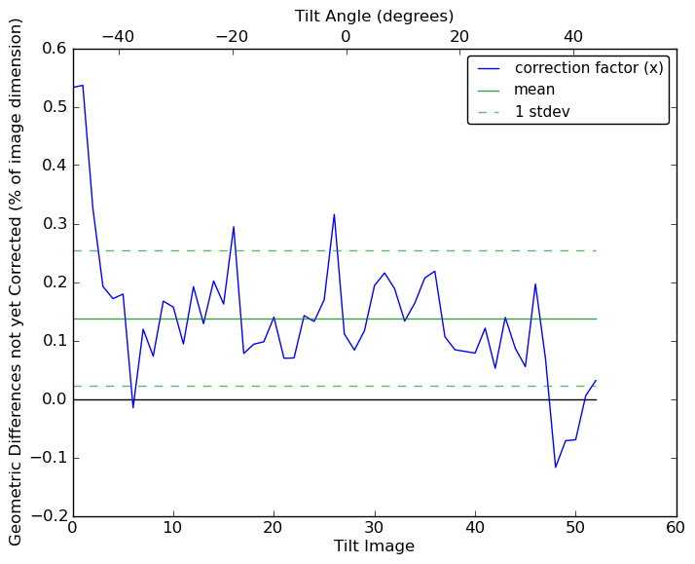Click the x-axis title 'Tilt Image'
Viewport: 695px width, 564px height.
[x=374, y=546]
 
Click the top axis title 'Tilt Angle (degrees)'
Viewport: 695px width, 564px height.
[x=374, y=17]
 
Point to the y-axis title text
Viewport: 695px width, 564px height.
[x=17, y=282]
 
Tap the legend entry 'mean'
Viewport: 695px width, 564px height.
[x=534, y=90]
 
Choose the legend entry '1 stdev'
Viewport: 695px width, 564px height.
[x=542, y=112]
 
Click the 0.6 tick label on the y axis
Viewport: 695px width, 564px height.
[x=54, y=49]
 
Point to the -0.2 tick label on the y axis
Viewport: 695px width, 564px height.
[x=50, y=516]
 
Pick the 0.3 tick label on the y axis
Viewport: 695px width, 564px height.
[x=54, y=224]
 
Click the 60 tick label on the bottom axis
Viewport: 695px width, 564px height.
[x=676, y=529]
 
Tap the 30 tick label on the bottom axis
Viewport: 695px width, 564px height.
[x=374, y=529]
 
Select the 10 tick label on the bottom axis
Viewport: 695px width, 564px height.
[x=173, y=529]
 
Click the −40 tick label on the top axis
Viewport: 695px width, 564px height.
[x=118, y=36]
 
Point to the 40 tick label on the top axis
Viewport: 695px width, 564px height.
[x=573, y=36]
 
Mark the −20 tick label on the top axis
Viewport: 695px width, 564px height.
[x=232, y=36]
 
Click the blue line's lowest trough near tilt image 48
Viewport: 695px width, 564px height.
[x=555, y=468]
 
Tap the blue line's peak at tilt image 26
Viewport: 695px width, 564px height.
[x=334, y=214]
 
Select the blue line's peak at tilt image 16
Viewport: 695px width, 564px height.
[x=234, y=226]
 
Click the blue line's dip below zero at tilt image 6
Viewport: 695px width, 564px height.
[x=133, y=407]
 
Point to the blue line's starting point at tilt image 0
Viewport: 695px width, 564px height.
[x=73, y=88]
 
